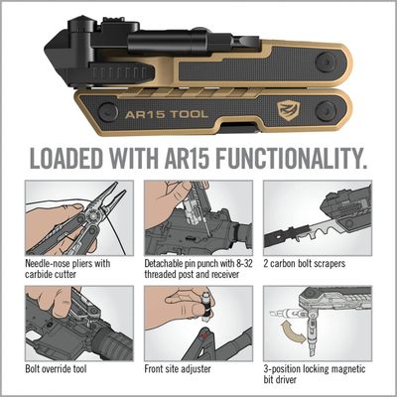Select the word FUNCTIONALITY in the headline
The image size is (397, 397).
point(292,159)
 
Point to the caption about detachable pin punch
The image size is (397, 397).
point(198,270)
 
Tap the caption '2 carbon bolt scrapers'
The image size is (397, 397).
point(314,264)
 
